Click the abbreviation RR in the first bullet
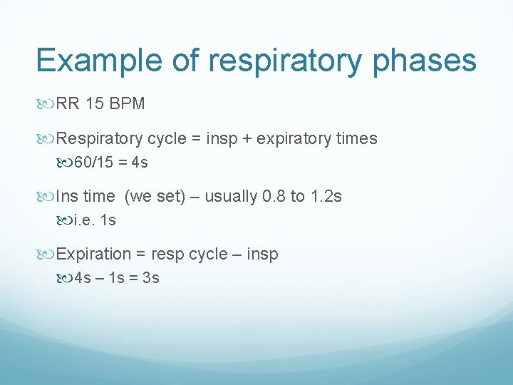[68, 104]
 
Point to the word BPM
[128, 104]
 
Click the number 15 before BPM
[94, 104]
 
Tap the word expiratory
[293, 139]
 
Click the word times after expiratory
[356, 139]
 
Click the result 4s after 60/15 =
[140, 163]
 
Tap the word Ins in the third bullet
[68, 197]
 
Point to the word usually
[231, 197]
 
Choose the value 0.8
[274, 197]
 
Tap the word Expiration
[94, 255]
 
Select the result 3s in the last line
[150, 278]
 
